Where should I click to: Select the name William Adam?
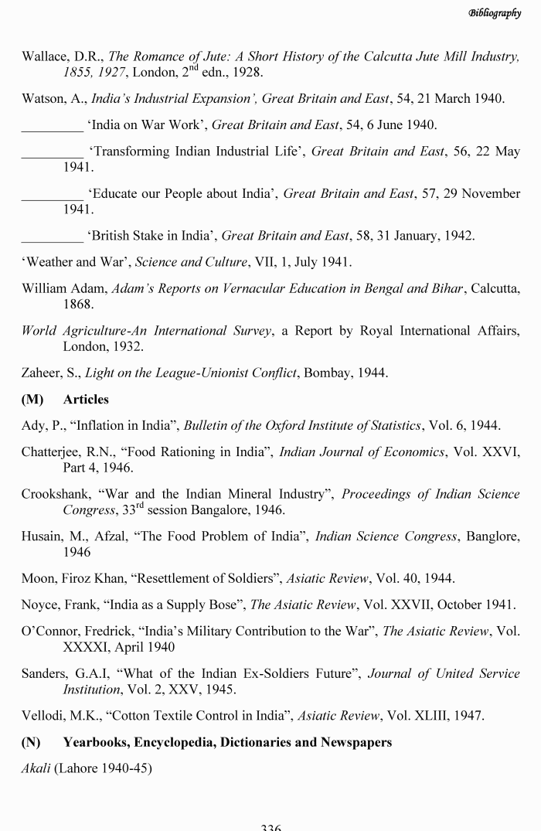click(x=63, y=288)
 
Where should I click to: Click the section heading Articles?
click(x=86, y=400)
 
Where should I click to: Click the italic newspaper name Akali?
click(x=35, y=768)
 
